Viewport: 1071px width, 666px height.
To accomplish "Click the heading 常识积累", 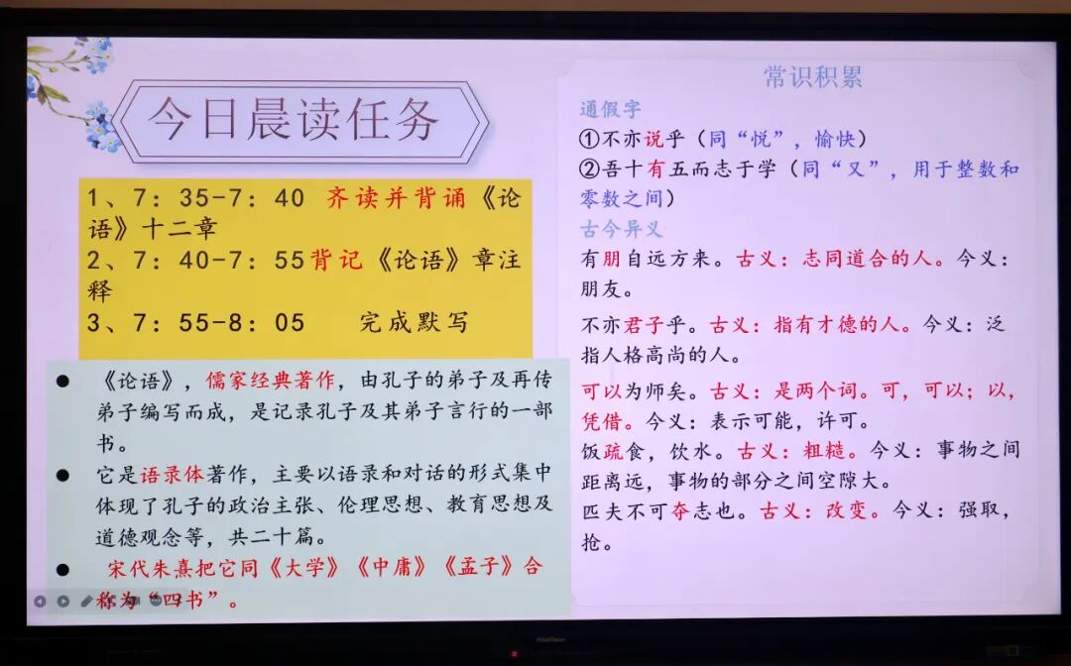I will (x=813, y=77).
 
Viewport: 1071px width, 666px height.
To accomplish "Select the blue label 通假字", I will (x=610, y=109).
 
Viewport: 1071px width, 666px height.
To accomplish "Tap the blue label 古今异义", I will (x=622, y=230).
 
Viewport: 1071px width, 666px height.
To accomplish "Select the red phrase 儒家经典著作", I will (x=270, y=380).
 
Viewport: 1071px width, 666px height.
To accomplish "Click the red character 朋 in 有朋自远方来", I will (x=611, y=260).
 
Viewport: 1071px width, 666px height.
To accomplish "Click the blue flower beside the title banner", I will (x=100, y=126).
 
